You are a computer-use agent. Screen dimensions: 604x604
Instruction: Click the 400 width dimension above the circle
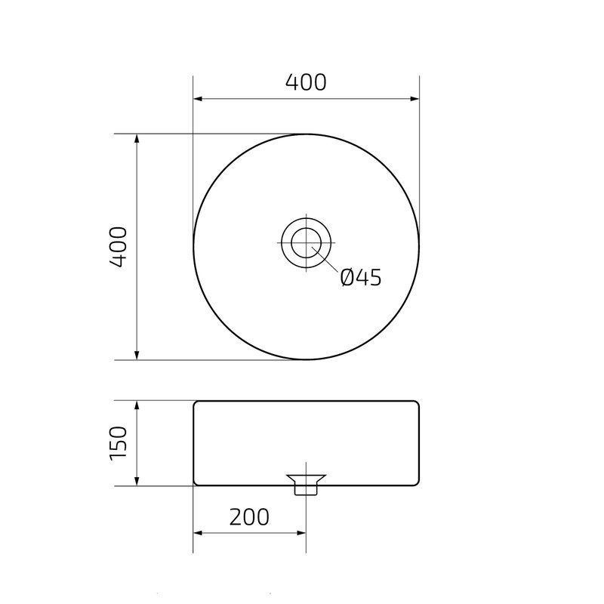306,82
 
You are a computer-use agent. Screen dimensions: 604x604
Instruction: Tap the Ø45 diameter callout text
360,278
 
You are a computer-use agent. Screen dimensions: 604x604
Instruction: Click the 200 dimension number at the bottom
249,517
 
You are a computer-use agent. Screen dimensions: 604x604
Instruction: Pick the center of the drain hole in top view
306,242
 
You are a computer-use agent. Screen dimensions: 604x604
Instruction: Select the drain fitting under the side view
306,483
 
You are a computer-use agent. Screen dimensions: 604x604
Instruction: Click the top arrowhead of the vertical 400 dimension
137,140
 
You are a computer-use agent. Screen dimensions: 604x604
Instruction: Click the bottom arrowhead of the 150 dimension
137,480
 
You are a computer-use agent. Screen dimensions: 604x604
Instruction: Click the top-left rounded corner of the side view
196,403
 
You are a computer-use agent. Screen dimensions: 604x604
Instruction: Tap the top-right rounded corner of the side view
416,403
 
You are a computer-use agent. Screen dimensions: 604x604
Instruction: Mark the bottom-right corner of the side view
416,483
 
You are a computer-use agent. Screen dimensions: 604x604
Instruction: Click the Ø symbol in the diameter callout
347,278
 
